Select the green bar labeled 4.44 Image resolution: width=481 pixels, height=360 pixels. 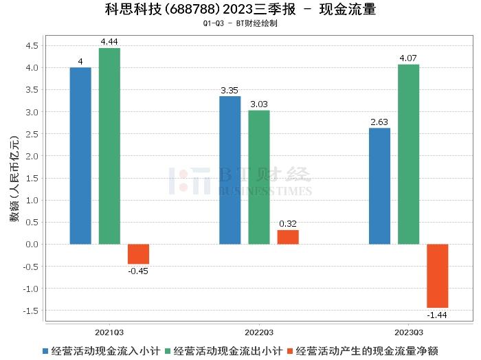tap(109, 146)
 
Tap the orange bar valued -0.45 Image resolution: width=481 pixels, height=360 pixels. tap(138, 254)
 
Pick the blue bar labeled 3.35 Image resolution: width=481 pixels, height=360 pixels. tap(230, 170)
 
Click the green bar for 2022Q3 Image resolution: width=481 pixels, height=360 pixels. tap(259, 177)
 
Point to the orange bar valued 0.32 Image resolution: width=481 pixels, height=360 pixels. tap(288, 237)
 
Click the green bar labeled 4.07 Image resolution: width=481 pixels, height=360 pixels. tap(408, 154)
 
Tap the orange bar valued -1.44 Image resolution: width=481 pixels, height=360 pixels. tap(437, 275)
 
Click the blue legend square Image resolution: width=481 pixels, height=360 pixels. tap(45, 350)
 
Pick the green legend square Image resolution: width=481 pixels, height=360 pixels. tap(168, 350)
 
